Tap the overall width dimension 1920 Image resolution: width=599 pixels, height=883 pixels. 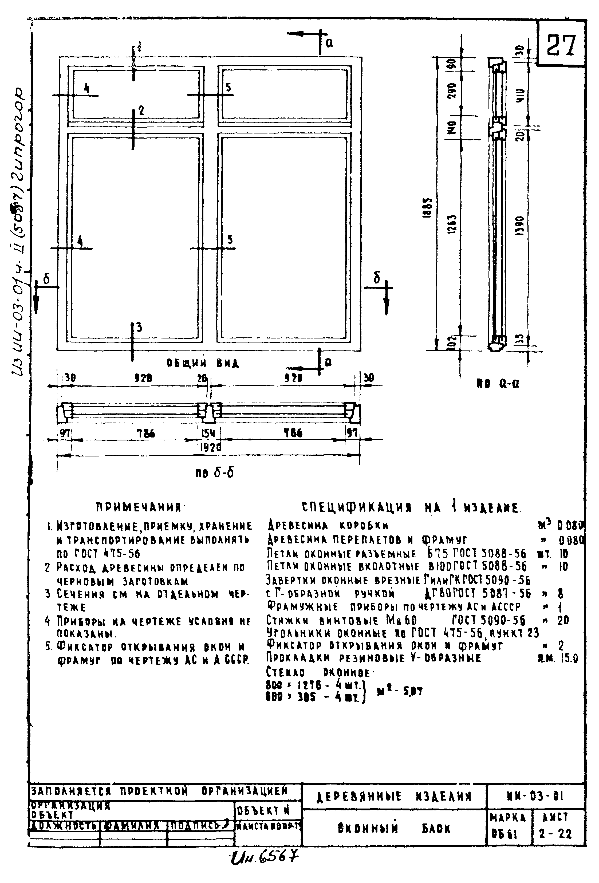pyautogui.click(x=210, y=448)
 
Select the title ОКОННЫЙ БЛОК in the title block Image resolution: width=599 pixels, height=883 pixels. pyautogui.click(x=394, y=828)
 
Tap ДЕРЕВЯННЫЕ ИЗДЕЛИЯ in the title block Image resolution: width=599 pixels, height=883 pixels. pyautogui.click(x=394, y=796)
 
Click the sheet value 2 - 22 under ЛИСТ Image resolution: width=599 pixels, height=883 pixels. pyautogui.click(x=555, y=834)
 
